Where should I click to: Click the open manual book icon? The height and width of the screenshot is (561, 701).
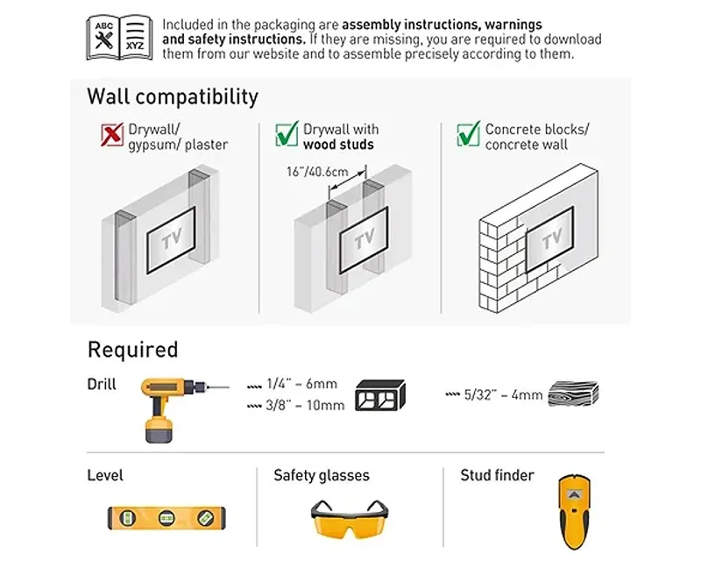click(119, 38)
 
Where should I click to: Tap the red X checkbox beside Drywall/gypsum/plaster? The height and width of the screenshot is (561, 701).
click(112, 134)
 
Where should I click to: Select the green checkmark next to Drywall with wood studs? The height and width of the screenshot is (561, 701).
click(287, 134)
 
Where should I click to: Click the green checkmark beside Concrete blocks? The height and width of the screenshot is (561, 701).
click(469, 134)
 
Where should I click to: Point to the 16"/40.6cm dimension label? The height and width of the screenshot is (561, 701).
click(317, 172)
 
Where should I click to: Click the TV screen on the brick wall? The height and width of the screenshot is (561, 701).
click(550, 239)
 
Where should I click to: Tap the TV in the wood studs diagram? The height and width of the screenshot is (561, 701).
click(364, 240)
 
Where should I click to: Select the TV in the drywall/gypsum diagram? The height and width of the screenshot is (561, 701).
click(171, 240)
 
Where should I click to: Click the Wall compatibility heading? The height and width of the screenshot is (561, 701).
click(173, 97)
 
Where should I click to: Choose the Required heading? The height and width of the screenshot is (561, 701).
click(133, 350)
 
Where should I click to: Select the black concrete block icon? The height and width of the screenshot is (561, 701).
click(380, 395)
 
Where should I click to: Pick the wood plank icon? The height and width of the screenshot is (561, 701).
click(574, 394)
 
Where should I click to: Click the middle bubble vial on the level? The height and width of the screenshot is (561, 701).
click(166, 518)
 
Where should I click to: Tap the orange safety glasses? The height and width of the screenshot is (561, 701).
click(350, 519)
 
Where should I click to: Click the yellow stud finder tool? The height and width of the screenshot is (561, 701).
click(574, 512)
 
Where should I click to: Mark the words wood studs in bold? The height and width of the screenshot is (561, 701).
click(338, 145)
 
